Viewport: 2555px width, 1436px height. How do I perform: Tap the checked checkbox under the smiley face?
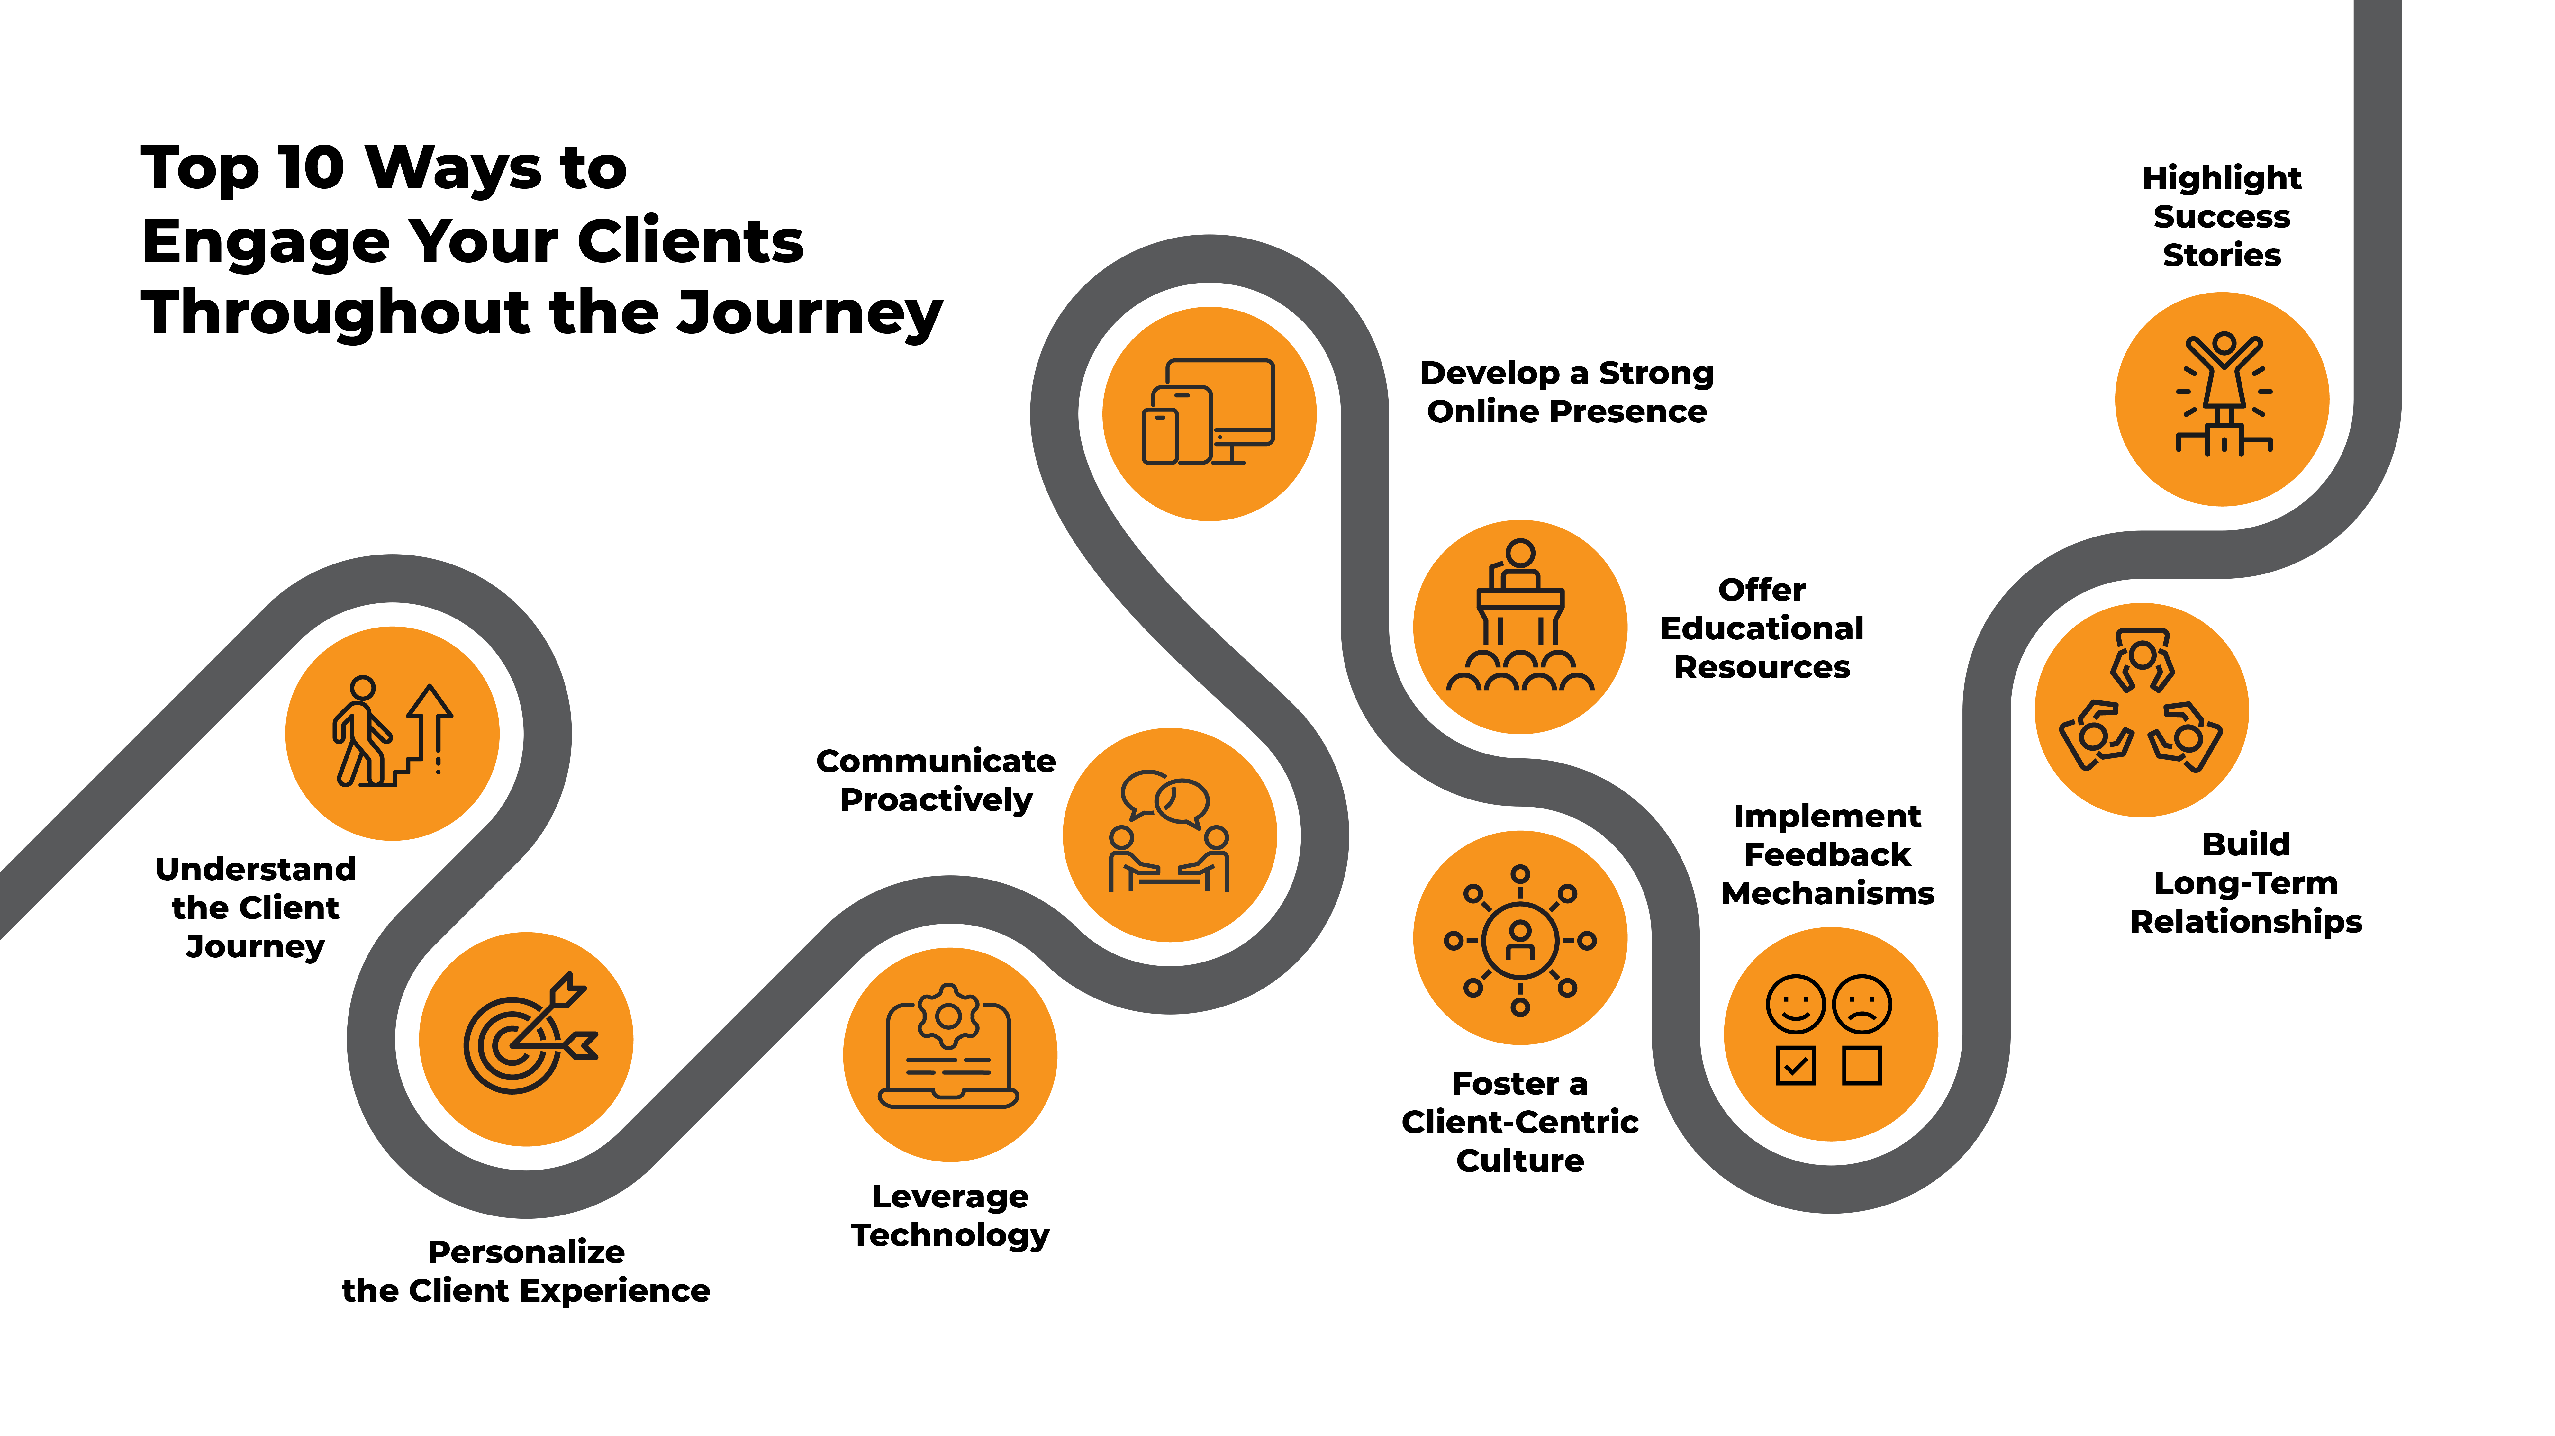pos(1795,1066)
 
